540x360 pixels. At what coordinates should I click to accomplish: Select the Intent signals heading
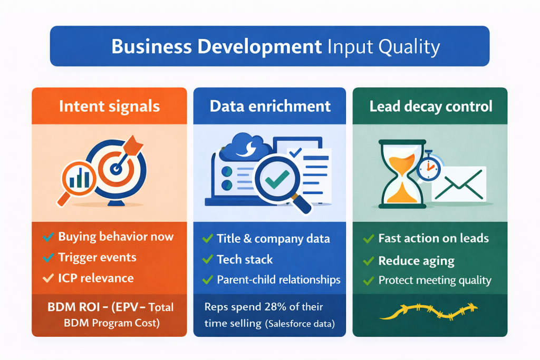tap(109, 106)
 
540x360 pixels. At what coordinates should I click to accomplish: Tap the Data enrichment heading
tap(270, 106)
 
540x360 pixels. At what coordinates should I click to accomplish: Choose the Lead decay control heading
tap(430, 106)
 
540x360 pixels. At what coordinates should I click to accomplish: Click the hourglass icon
tap(401, 174)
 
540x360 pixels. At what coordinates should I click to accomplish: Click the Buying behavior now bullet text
tap(115, 237)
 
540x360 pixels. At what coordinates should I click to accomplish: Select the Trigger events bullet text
tap(97, 257)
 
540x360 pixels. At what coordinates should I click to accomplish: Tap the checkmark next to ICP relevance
tap(49, 278)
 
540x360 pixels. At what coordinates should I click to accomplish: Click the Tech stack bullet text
tap(245, 259)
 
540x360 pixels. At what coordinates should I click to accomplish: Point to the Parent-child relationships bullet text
tap(278, 279)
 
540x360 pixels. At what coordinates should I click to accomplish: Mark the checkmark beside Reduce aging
tap(369, 260)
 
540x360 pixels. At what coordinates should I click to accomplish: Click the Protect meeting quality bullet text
tap(435, 280)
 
